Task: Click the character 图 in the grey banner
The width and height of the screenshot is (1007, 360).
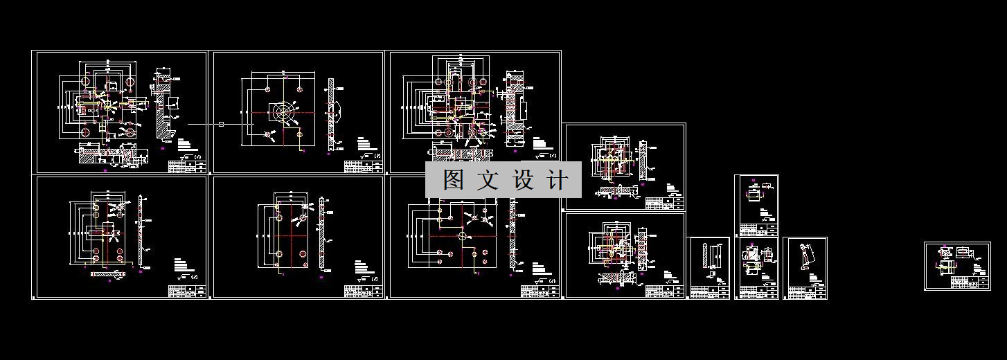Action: pyautogui.click(x=454, y=181)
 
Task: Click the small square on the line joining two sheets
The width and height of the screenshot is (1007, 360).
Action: pyautogui.click(x=221, y=124)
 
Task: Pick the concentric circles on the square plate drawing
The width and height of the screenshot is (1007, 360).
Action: pyautogui.click(x=283, y=112)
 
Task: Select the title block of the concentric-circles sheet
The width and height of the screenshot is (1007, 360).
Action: pyautogui.click(x=364, y=166)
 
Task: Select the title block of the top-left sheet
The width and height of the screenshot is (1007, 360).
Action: pyautogui.click(x=187, y=166)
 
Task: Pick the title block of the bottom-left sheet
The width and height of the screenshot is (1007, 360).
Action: pyautogui.click(x=187, y=291)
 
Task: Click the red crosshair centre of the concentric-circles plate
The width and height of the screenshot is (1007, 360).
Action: pyautogui.click(x=283, y=112)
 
